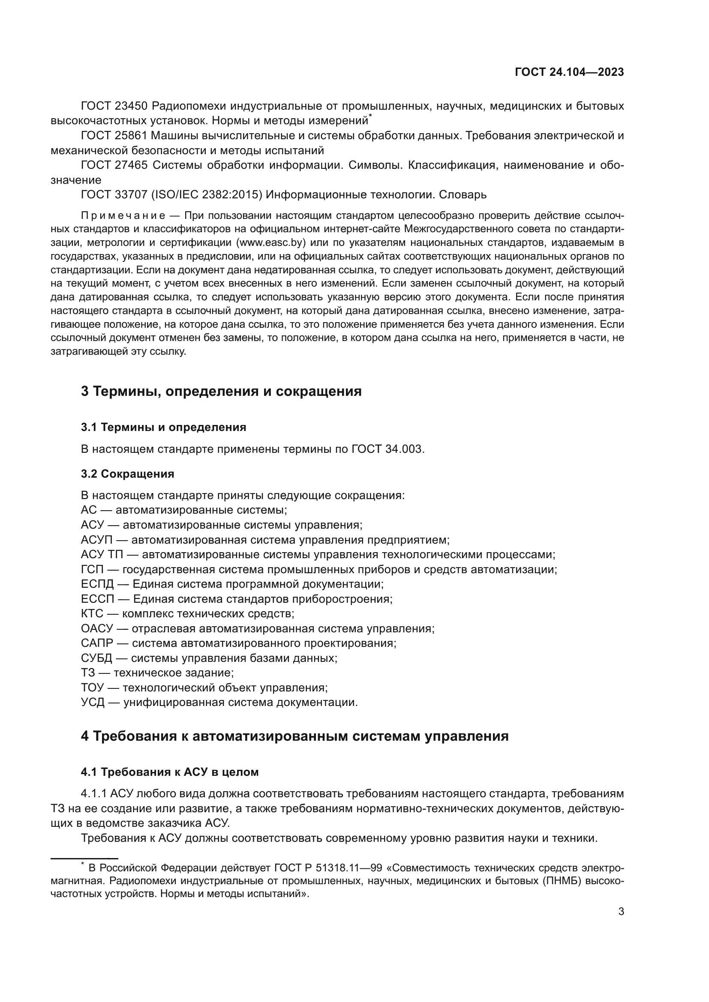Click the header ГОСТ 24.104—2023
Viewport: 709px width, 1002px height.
(569, 72)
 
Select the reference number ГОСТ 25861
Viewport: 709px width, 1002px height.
(114, 136)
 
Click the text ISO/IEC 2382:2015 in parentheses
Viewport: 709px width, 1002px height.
(207, 194)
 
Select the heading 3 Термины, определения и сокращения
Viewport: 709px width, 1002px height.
(221, 391)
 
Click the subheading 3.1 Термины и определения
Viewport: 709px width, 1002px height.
(163, 427)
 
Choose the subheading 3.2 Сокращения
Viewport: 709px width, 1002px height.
(127, 474)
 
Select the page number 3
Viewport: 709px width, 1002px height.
(621, 912)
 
